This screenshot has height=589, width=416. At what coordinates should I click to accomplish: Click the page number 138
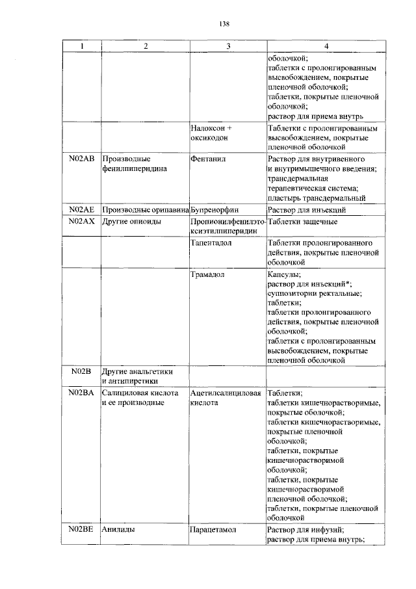(x=224, y=24)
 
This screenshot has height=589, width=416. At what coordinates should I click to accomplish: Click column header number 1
(x=81, y=46)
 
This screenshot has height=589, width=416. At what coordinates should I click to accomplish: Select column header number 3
(x=228, y=46)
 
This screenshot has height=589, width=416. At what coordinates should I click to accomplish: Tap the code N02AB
(x=81, y=159)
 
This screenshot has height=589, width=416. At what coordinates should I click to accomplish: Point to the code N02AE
(x=81, y=210)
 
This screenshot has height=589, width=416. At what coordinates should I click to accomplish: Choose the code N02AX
(x=81, y=222)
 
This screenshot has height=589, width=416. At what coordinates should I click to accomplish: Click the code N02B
(x=81, y=371)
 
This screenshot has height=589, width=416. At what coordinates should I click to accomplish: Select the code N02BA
(x=81, y=393)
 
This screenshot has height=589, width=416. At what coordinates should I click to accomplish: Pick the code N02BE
(x=81, y=530)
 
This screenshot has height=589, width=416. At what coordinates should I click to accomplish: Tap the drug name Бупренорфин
(x=215, y=210)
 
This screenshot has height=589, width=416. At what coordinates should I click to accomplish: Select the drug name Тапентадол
(x=212, y=243)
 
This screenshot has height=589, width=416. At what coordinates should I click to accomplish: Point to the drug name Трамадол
(x=208, y=275)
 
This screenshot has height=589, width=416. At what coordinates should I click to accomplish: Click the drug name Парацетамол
(x=213, y=530)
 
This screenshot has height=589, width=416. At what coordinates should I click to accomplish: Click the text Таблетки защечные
(x=302, y=222)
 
